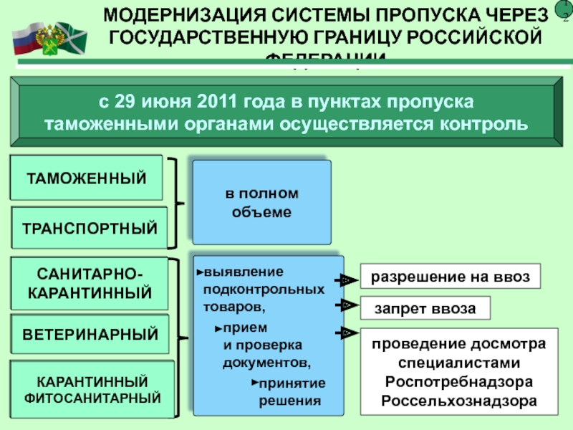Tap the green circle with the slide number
564,16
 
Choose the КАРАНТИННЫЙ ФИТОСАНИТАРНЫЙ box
92,388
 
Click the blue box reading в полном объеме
262,203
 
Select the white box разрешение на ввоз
448,276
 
